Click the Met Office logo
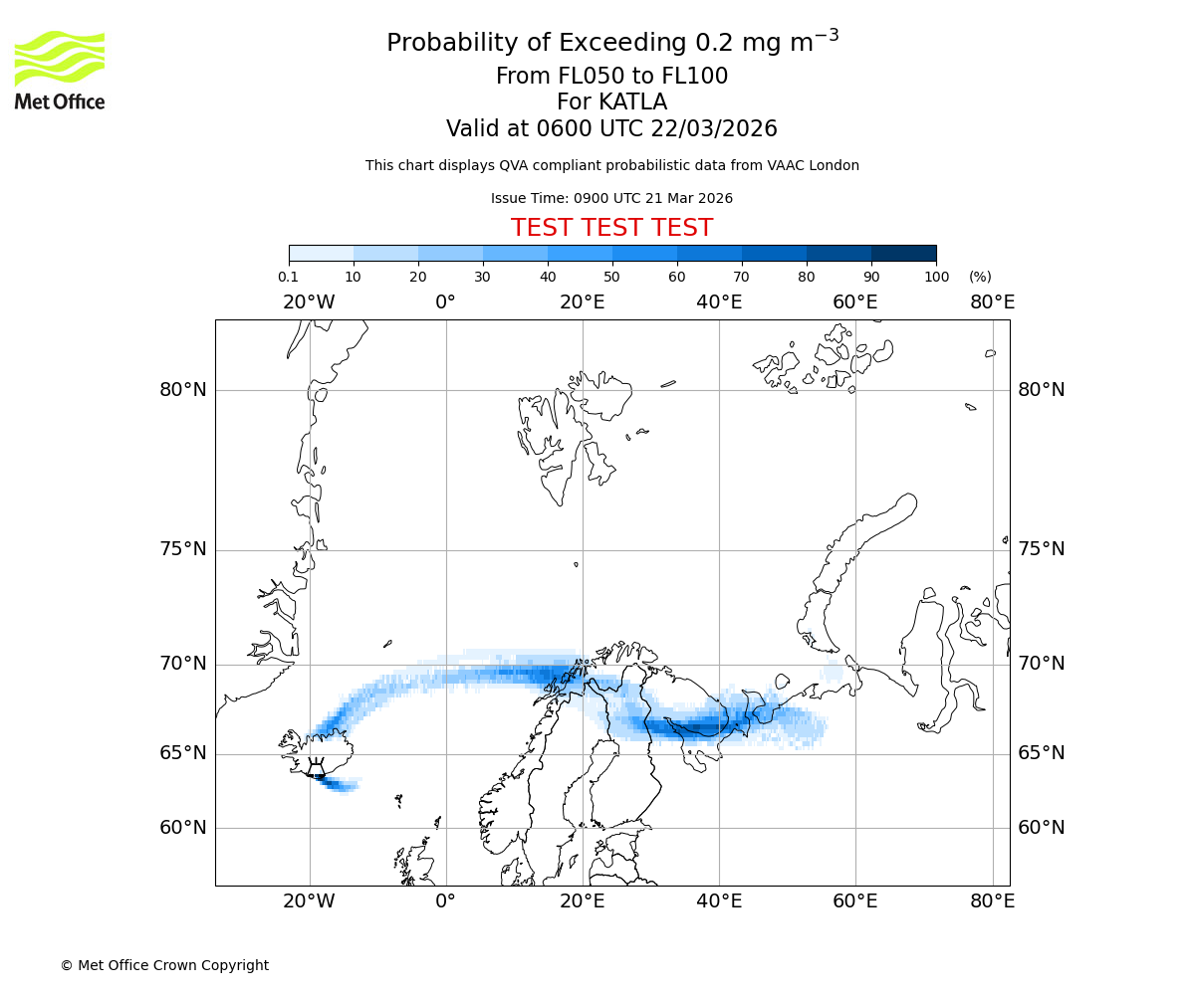(60, 70)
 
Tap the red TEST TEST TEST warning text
(611, 228)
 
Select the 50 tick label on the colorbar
(611, 277)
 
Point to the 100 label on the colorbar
(936, 277)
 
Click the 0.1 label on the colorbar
(289, 277)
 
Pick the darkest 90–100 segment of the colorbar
(903, 253)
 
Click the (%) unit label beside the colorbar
(980, 277)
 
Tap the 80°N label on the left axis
(183, 390)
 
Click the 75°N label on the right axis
(1041, 549)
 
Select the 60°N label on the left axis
(183, 828)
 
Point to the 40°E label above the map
(719, 302)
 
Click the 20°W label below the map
(309, 901)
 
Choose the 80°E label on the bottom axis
(992, 901)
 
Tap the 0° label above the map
(445, 302)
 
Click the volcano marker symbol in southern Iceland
(316, 767)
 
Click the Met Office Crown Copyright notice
(164, 965)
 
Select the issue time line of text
(611, 198)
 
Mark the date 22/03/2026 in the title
(714, 129)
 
